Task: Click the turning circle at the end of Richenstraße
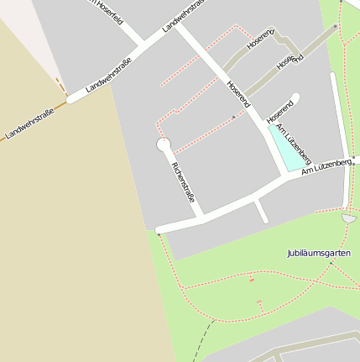click(x=164, y=145)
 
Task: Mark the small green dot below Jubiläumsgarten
click(x=331, y=263)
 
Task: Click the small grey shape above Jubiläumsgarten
click(x=349, y=218)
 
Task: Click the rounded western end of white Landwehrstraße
click(x=72, y=98)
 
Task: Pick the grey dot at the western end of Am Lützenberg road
click(x=159, y=234)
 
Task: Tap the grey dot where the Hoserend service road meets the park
click(x=335, y=26)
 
